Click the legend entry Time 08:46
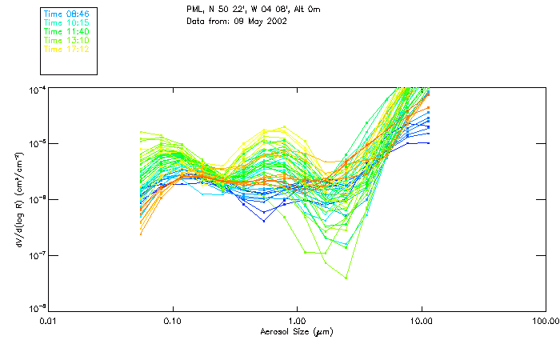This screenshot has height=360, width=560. click(66, 14)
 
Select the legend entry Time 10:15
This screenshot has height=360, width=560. click(66, 23)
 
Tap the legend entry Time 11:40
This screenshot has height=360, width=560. click(66, 32)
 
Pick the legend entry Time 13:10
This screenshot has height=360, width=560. click(66, 41)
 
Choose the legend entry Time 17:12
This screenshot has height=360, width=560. click(66, 50)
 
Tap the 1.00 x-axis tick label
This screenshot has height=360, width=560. click(298, 320)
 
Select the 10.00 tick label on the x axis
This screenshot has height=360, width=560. click(422, 320)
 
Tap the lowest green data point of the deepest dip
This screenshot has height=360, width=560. click(346, 278)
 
